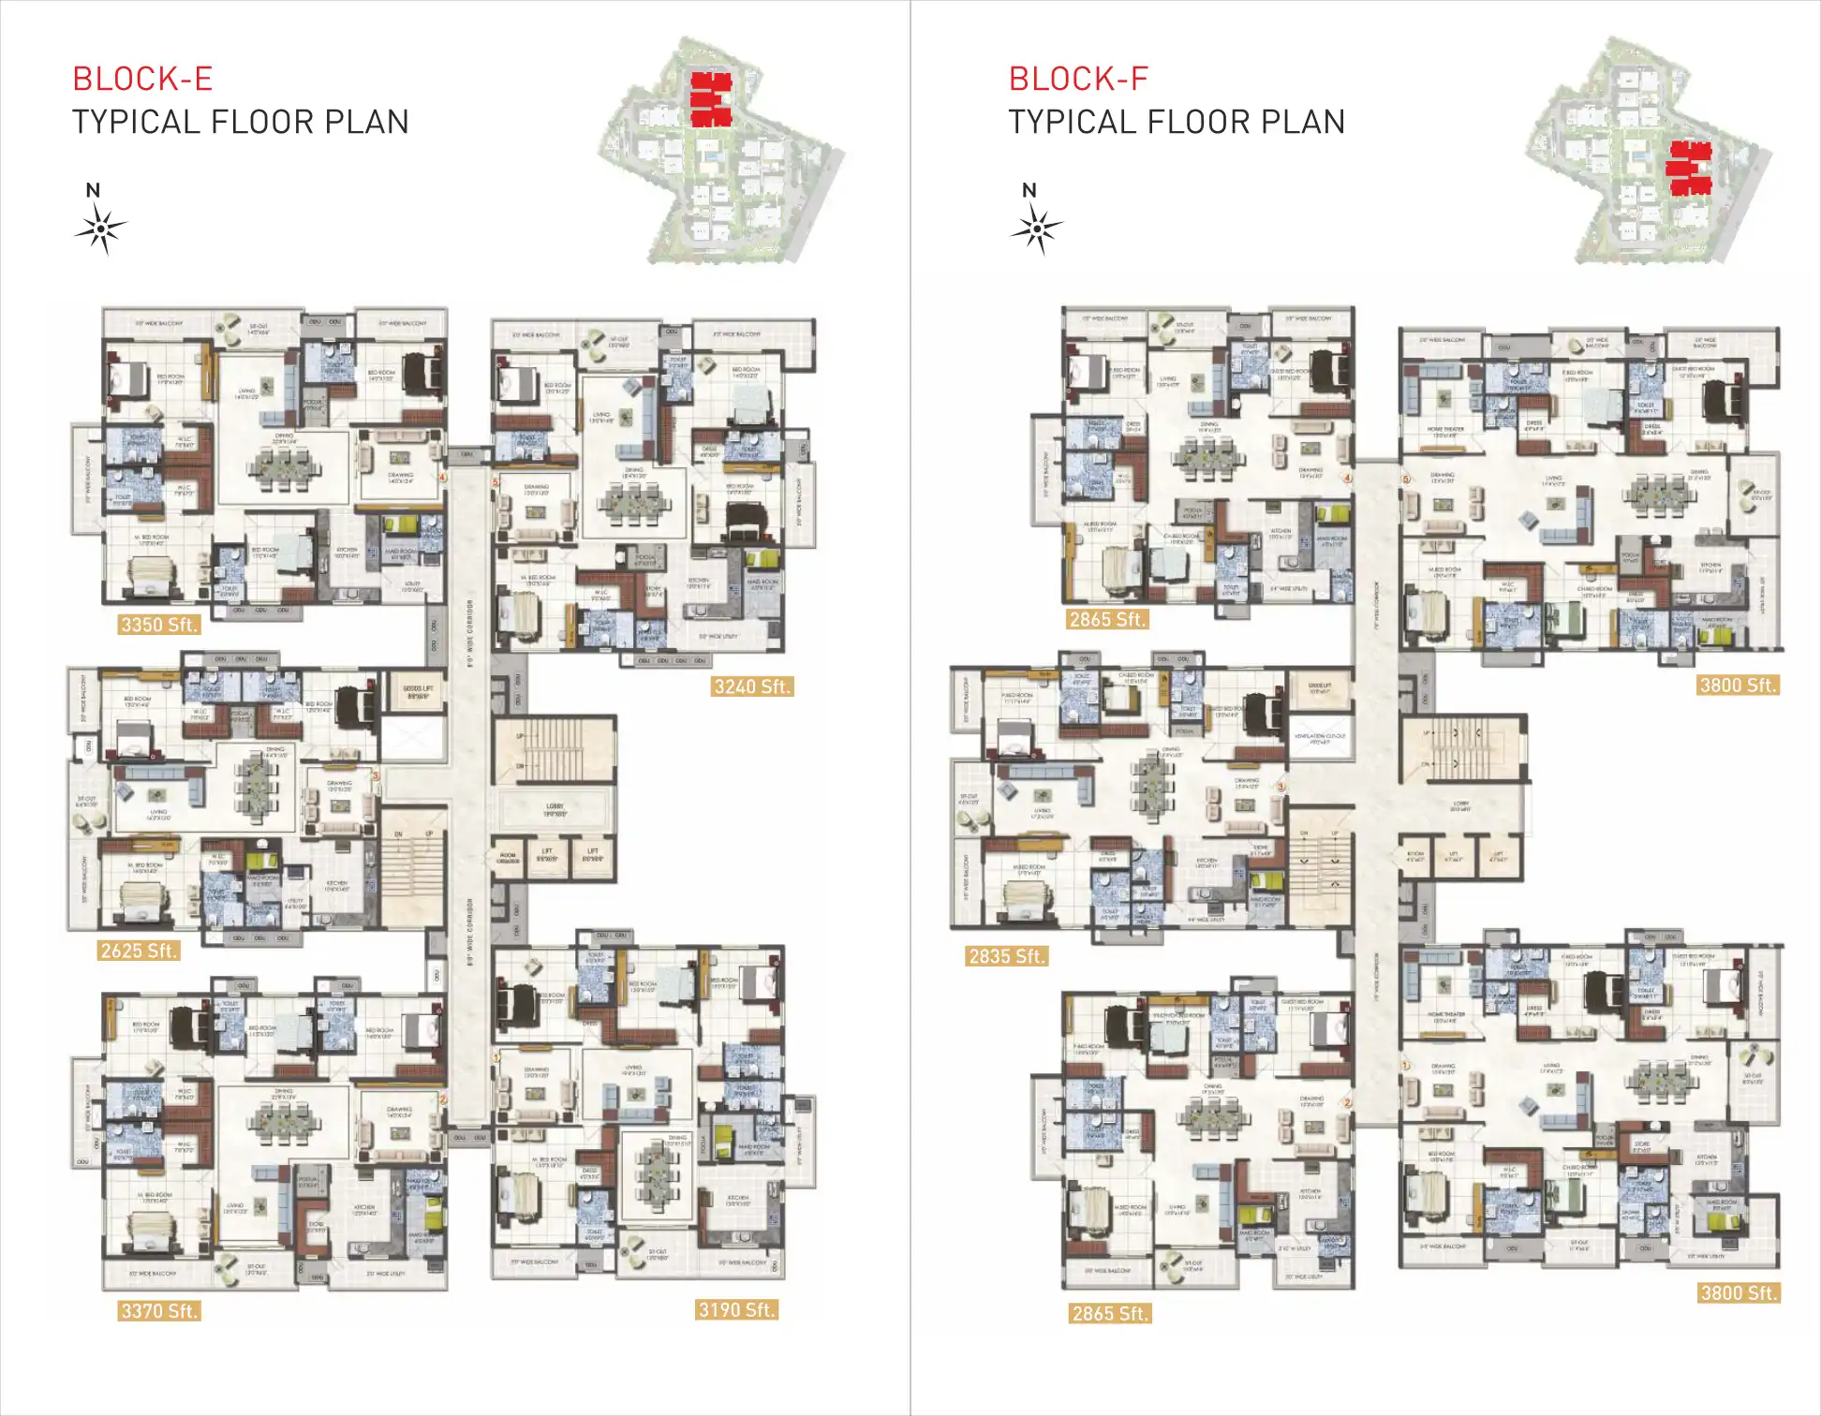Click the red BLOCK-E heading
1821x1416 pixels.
pos(142,79)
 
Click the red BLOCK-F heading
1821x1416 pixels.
pos(1078,79)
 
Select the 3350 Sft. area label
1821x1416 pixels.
pos(159,625)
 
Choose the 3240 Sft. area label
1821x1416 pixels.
pos(752,686)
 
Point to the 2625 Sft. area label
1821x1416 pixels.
pos(139,951)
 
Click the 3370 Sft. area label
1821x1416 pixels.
pos(159,1311)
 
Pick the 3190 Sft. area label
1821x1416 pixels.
pos(736,1310)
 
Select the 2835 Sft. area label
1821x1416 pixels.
pos(1007,956)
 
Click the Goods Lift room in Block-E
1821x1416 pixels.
pos(417,693)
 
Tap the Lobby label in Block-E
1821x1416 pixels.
pos(555,808)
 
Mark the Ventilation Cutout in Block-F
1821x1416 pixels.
pos(1320,738)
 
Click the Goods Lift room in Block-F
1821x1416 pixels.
pos(1320,689)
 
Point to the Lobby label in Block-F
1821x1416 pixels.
pos(1459,805)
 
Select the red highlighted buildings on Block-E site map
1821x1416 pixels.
pos(710,98)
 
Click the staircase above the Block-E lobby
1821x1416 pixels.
pos(554,750)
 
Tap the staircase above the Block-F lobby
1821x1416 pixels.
pos(1461,748)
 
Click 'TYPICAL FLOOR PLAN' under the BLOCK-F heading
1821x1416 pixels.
pos(1177,122)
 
